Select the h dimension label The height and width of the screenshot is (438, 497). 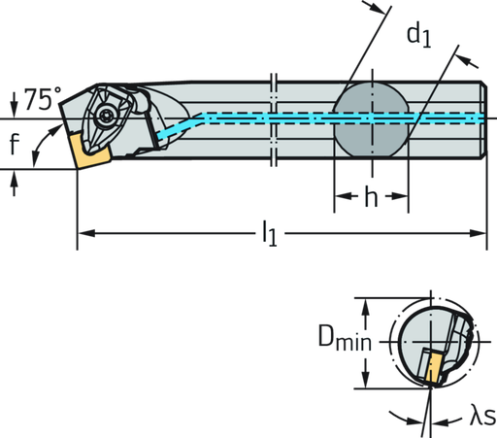click(x=371, y=198)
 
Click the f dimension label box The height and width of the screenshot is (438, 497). click(x=15, y=147)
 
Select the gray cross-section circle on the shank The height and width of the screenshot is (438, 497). click(x=371, y=118)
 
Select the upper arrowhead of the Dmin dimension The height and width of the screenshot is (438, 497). click(x=365, y=306)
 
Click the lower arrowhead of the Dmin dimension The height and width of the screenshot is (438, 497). click(x=365, y=383)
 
